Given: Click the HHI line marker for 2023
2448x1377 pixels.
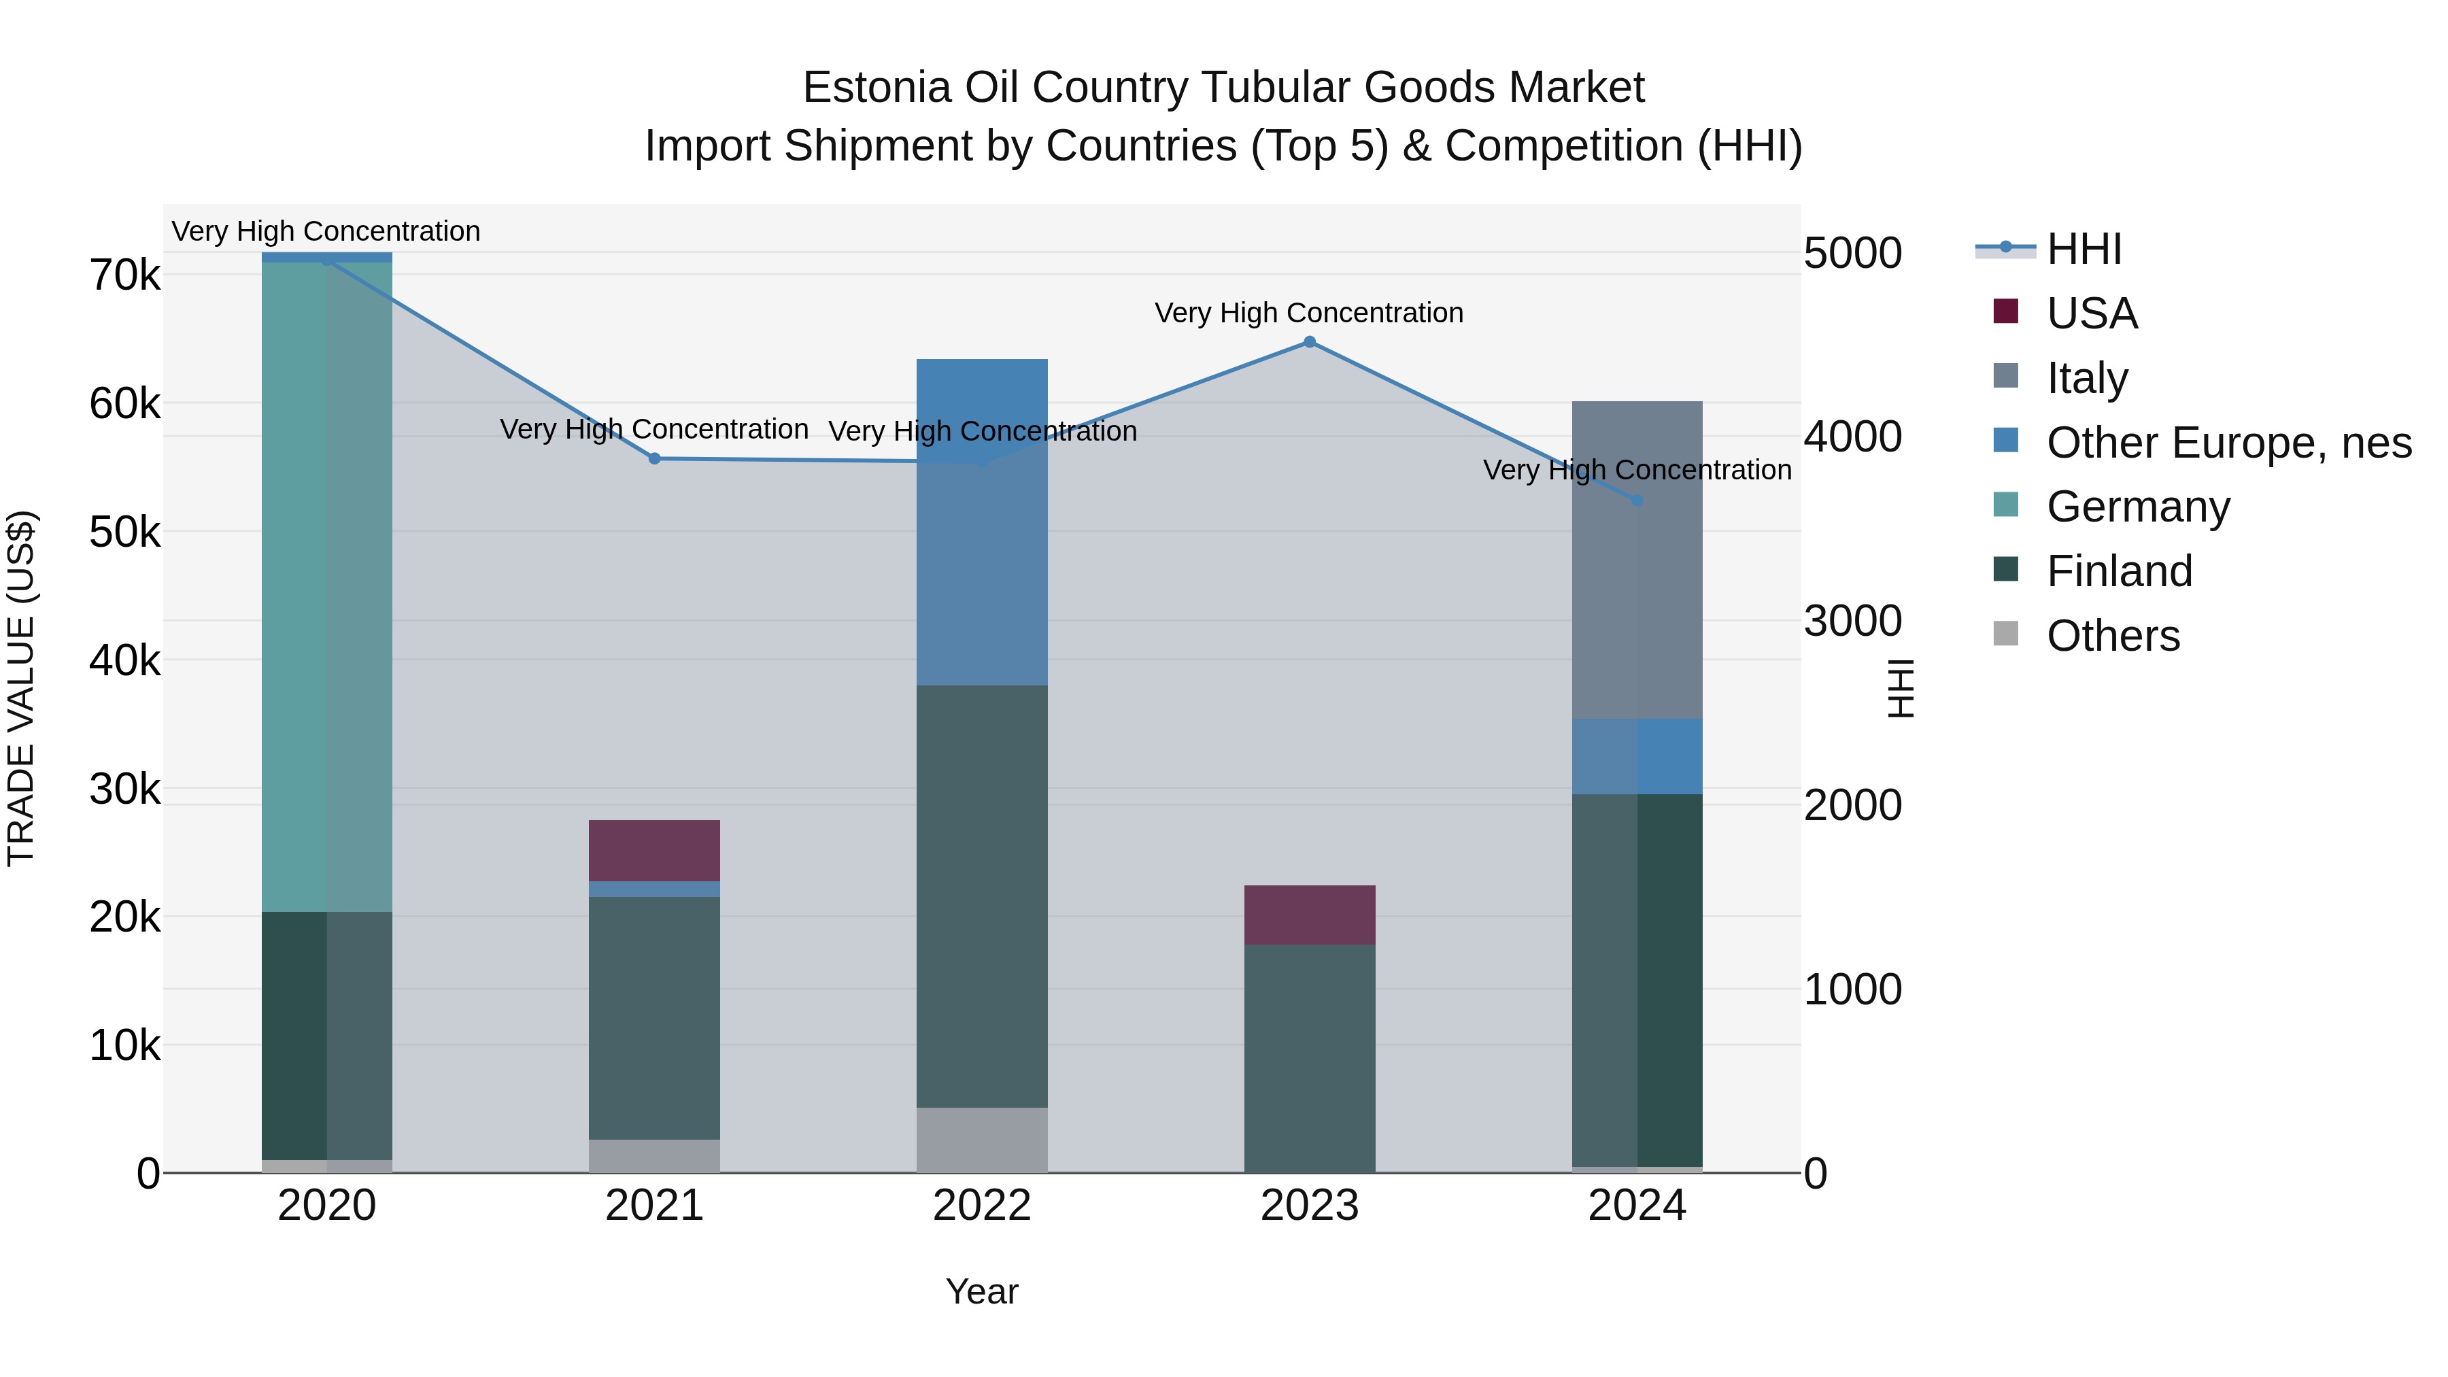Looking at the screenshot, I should pos(1310,342).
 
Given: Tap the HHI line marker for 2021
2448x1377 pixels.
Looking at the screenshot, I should pos(655,459).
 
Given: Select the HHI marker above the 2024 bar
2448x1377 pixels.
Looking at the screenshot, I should pos(1637,500).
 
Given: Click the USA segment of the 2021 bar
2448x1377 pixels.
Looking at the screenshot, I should pos(655,851).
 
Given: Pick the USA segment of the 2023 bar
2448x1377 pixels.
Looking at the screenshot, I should pos(1310,914).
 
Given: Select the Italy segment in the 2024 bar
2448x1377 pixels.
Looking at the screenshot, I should pos(1637,561).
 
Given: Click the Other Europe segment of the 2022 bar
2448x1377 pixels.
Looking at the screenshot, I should pos(982,523).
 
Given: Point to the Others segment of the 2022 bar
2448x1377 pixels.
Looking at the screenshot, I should pos(982,1140).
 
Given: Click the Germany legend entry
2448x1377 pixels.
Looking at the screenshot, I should pos(2137,507).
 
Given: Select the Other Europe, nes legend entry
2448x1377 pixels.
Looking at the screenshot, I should pos(2228,443).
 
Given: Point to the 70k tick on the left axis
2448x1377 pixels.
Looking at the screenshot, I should pos(124,277).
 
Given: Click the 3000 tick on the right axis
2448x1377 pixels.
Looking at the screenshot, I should pos(1852,622).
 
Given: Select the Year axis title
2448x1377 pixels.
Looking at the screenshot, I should pos(982,1291).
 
